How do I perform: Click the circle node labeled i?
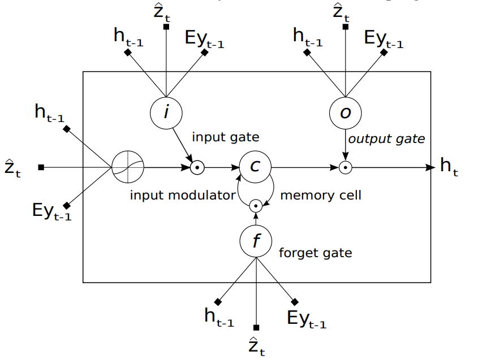pyautogui.click(x=166, y=112)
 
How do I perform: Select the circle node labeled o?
pyautogui.click(x=345, y=112)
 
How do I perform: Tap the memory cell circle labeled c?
pyautogui.click(x=256, y=167)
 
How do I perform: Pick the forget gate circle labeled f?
pyautogui.click(x=256, y=241)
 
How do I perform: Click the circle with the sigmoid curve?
pyautogui.click(x=128, y=167)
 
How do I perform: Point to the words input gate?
pyautogui.click(x=225, y=137)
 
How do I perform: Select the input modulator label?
pyautogui.click(x=182, y=196)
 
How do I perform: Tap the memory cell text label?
pyautogui.click(x=321, y=196)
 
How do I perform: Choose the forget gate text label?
pyautogui.click(x=315, y=253)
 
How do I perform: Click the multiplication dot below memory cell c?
pyautogui.click(x=256, y=206)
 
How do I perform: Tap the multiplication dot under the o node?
pyautogui.click(x=345, y=167)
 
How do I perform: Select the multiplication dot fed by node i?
pyautogui.click(x=197, y=167)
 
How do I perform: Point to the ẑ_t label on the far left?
pyautogui.click(x=12, y=168)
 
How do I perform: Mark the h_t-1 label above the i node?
pyautogui.click(x=129, y=38)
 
